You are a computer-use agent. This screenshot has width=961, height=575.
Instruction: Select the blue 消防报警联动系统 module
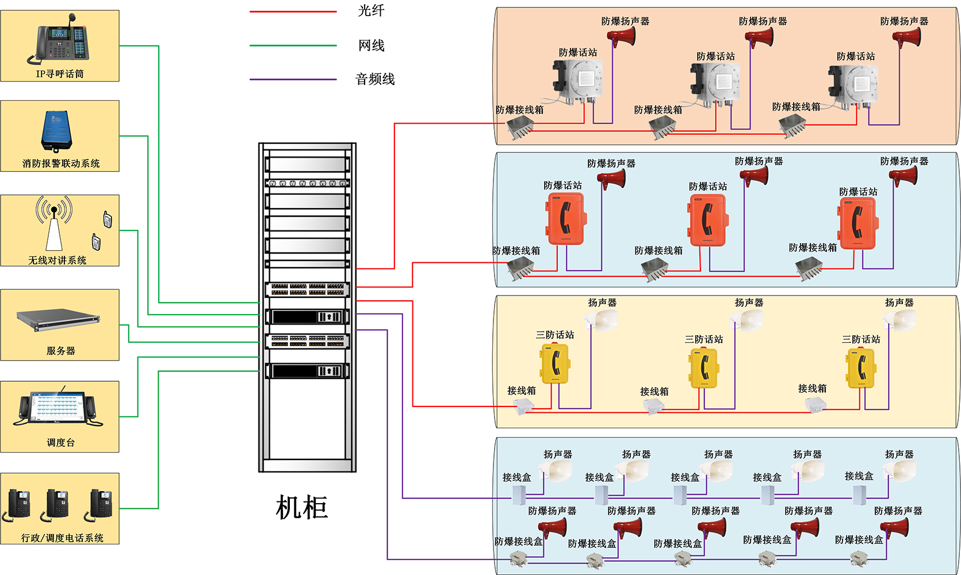tap(56, 131)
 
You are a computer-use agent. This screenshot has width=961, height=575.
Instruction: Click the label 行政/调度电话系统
tap(62, 538)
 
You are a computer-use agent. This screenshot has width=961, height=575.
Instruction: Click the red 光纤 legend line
tap(293, 11)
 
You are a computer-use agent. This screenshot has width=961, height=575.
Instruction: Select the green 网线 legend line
tap(293, 45)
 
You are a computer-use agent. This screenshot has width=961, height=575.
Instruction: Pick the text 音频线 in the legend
tap(375, 79)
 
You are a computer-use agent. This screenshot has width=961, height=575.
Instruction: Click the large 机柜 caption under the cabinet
tap(301, 508)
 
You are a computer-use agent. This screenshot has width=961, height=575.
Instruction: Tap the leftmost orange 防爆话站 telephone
tap(565, 219)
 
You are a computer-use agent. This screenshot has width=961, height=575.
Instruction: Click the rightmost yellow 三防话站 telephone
tap(860, 368)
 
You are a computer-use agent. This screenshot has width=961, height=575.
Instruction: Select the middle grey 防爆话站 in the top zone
tap(715, 84)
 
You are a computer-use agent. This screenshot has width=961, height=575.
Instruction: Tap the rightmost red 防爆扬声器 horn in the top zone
tap(907, 37)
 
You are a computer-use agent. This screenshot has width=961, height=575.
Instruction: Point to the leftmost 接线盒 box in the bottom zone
tap(519, 494)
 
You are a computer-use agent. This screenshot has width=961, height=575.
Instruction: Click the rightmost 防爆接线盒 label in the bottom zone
tap(859, 540)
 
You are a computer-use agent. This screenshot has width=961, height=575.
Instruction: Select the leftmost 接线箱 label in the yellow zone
tap(521, 390)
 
